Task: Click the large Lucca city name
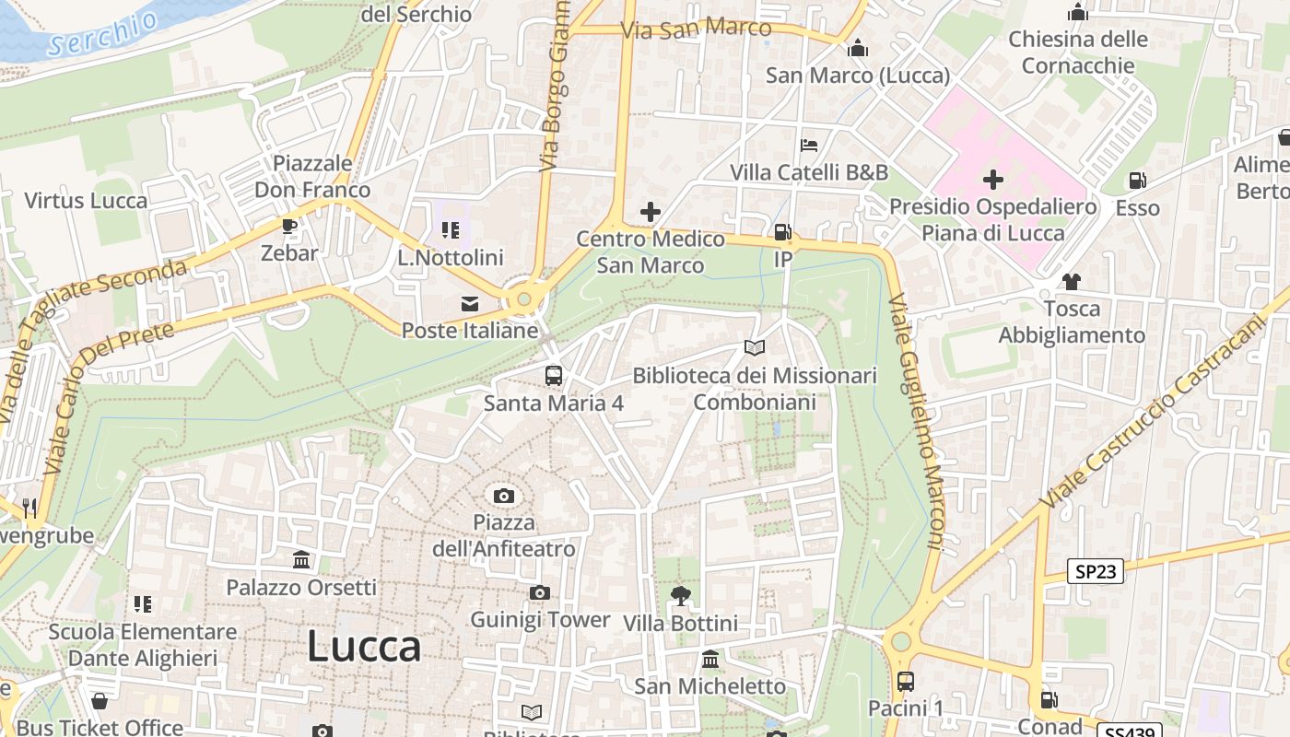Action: (364, 646)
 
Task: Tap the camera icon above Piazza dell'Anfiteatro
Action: (503, 497)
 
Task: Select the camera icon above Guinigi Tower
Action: (539, 593)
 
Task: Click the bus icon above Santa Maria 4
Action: (553, 376)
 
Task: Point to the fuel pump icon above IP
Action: (782, 233)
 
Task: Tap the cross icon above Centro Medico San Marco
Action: (651, 212)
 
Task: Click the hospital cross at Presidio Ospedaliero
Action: (992, 179)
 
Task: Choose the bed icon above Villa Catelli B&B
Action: (809, 146)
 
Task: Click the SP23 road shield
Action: (1096, 571)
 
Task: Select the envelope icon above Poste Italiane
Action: (470, 304)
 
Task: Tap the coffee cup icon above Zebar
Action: (289, 227)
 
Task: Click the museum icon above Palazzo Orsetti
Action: (301, 560)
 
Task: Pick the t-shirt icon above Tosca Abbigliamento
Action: (1071, 282)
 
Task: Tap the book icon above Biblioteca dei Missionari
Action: (755, 348)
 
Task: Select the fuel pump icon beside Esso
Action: (1138, 181)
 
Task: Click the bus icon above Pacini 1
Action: (906, 682)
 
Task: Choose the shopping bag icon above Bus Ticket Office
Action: (100, 702)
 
